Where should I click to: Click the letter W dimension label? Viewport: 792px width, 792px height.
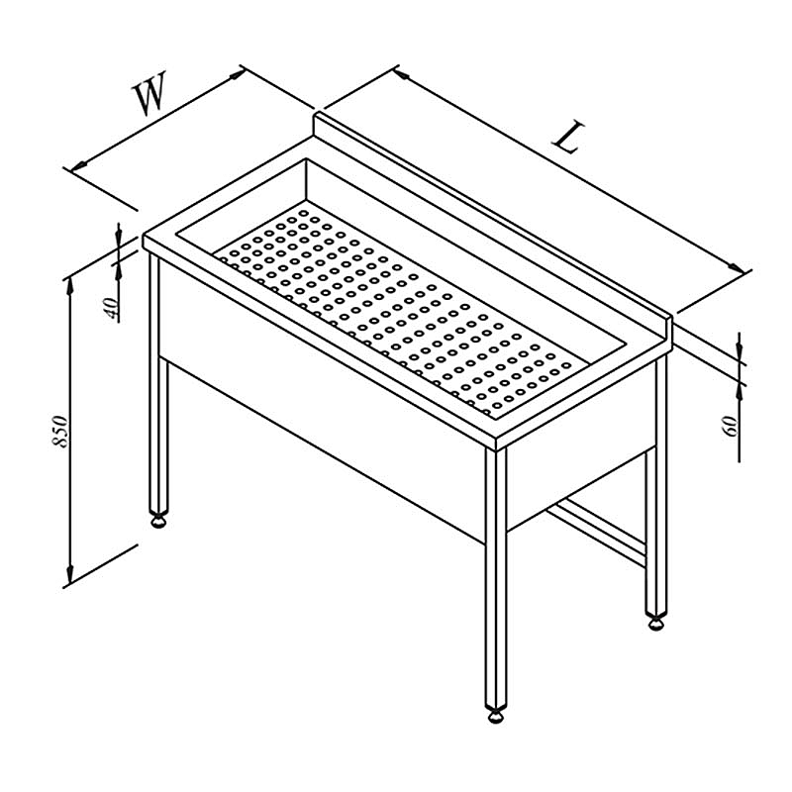149,94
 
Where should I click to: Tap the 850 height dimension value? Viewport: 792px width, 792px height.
59,431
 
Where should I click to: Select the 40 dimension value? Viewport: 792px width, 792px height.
112,308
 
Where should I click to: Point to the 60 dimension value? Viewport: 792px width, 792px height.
731,426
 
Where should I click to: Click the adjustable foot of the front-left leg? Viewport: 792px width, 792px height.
158,521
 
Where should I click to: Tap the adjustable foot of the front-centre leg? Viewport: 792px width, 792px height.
496,716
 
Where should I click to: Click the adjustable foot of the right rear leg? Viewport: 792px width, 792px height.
656,624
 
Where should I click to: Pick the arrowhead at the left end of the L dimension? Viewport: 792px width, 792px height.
402,74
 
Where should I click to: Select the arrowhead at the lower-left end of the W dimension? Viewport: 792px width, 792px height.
79,165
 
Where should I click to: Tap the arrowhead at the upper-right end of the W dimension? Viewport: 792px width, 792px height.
237,74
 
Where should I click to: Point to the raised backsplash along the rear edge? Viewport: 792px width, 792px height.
493,222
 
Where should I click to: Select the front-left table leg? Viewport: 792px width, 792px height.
158,384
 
